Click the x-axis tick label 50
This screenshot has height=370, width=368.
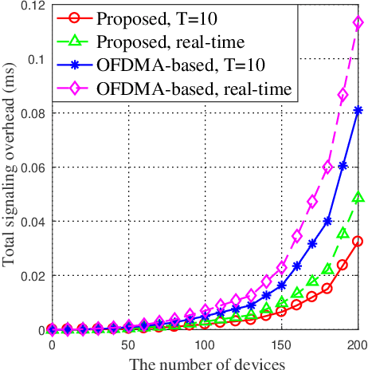128,344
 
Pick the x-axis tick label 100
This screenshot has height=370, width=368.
205,344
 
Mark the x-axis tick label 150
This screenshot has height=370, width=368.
281,344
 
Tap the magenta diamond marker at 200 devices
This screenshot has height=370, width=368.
358,23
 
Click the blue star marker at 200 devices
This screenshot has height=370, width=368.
358,111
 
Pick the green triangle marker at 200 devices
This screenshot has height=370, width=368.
358,197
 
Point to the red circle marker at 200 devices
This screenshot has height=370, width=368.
358,241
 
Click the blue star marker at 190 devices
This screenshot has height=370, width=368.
343,166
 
